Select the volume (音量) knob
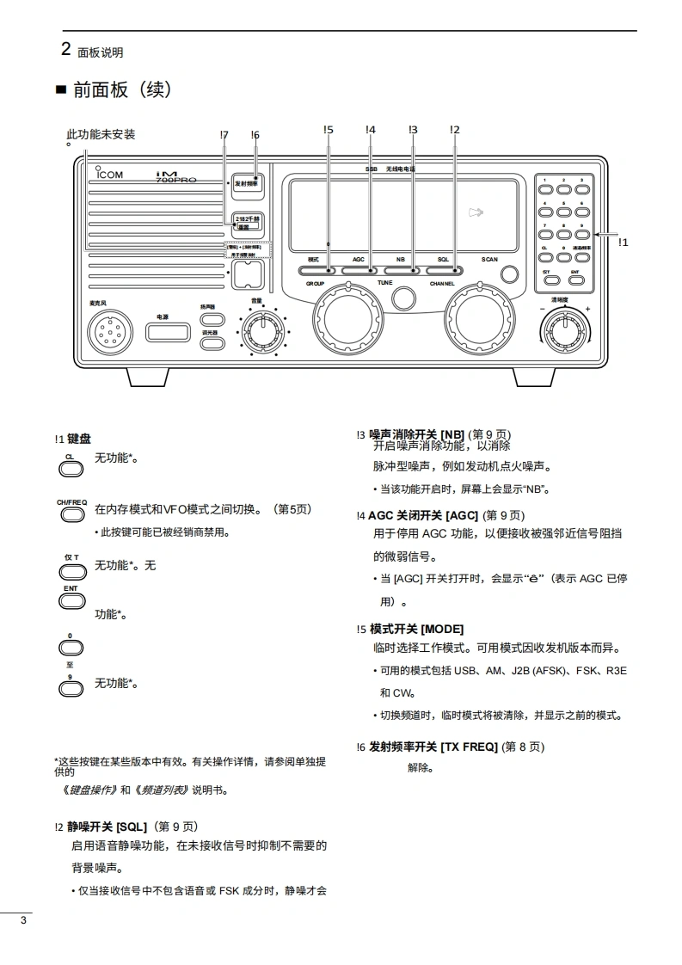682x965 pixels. tap(258, 328)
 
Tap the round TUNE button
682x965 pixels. tap(402, 298)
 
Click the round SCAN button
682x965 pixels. tap(510, 274)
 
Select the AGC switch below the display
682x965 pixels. tap(359, 270)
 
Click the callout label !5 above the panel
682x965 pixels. tap(329, 130)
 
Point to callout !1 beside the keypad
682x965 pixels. tap(624, 243)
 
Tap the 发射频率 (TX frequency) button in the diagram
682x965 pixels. tap(247, 184)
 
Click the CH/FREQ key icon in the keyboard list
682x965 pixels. tap(71, 513)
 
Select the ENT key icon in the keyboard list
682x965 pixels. tap(71, 600)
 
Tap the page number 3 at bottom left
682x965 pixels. tap(23, 921)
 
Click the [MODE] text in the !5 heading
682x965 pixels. tap(442, 629)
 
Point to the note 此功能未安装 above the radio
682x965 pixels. tap(101, 134)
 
